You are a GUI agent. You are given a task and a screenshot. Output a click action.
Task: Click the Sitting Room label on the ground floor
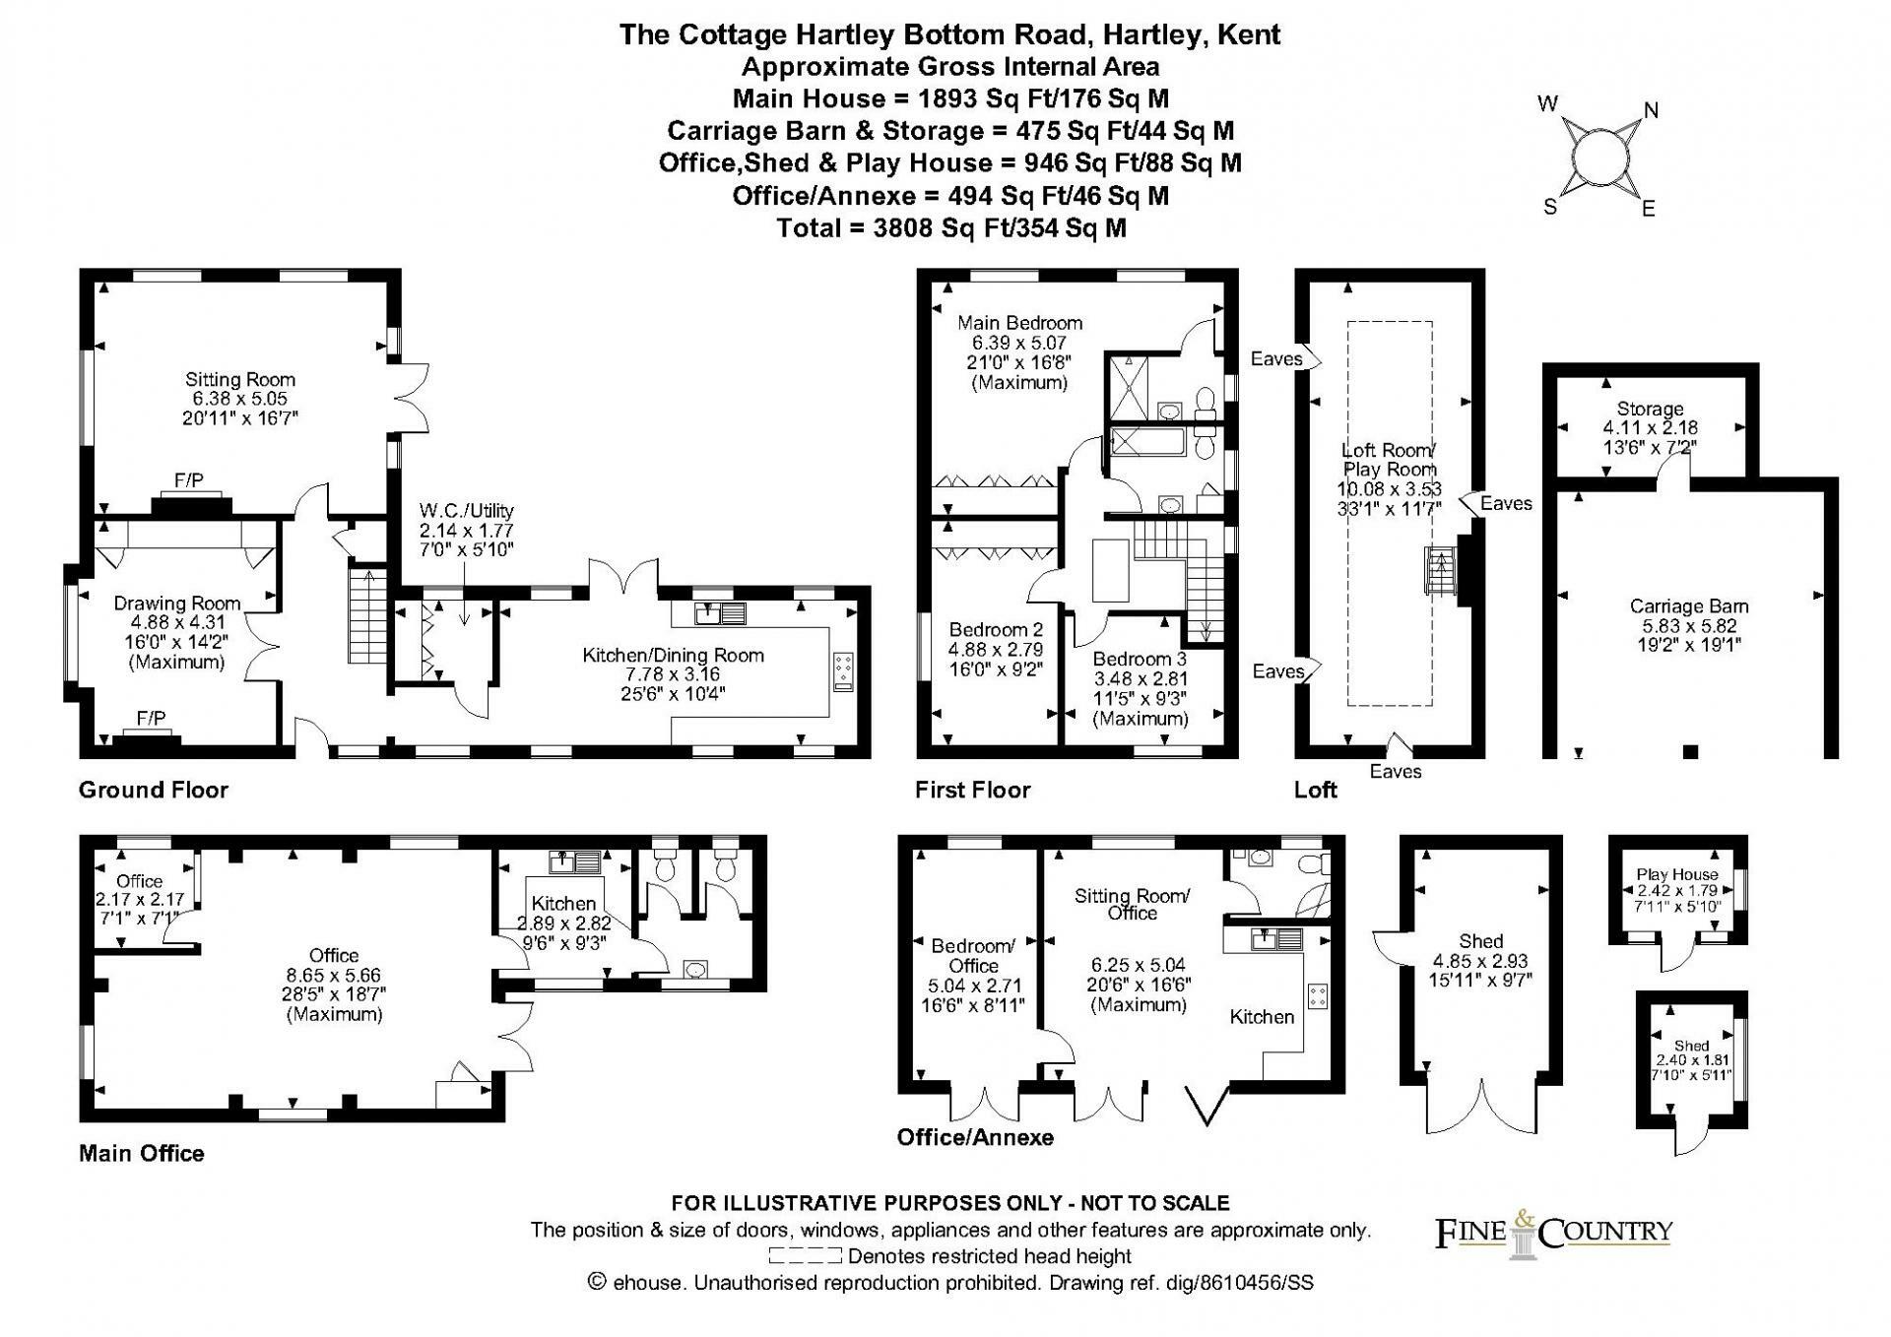(240, 380)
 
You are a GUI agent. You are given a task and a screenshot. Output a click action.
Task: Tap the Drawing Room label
(177, 604)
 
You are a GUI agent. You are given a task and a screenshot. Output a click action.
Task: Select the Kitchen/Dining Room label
(674, 656)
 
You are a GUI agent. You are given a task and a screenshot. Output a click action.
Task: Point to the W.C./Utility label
(467, 511)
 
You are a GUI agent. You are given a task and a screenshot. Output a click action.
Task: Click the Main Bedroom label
(1020, 323)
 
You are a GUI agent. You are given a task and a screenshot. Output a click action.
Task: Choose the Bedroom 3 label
(1141, 659)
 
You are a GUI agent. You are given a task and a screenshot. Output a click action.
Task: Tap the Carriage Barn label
(1689, 606)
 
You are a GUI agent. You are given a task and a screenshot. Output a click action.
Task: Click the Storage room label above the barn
(1650, 409)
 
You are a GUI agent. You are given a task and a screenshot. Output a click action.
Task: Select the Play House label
(1677, 874)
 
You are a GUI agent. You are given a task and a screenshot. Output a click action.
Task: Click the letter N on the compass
(1652, 110)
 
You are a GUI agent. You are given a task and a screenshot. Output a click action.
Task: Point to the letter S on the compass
(1550, 207)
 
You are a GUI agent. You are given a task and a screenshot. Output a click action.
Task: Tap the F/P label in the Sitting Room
(189, 480)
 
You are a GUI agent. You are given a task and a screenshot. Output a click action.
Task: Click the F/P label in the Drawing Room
(151, 719)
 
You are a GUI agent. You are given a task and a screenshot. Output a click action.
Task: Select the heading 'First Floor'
(973, 790)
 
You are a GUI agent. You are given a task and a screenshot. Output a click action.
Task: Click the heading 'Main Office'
(142, 1154)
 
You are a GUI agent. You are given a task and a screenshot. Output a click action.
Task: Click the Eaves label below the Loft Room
(1396, 772)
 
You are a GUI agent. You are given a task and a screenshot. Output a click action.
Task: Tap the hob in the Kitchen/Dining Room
(844, 671)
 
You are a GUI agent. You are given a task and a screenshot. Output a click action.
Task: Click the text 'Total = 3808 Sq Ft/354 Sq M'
(951, 228)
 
